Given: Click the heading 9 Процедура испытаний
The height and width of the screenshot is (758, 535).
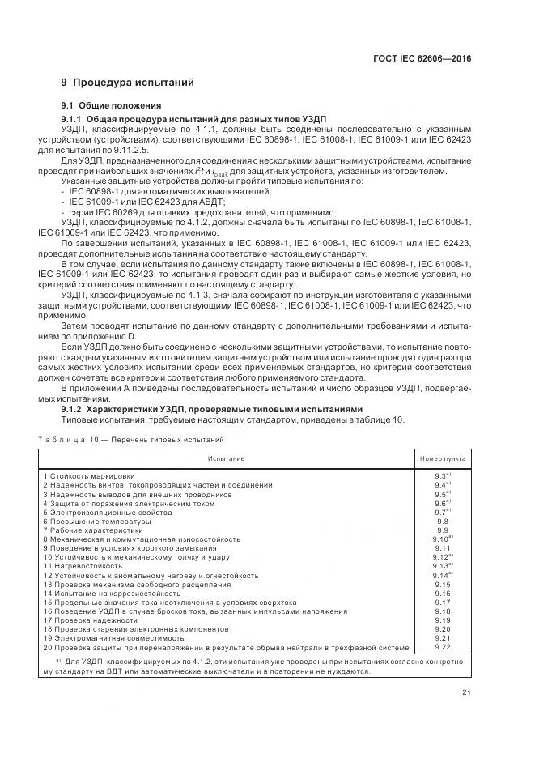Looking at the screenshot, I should (x=127, y=83).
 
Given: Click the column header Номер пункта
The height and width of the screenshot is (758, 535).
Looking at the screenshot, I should (x=442, y=458).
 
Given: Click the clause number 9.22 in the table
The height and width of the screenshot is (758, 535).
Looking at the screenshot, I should (x=442, y=646).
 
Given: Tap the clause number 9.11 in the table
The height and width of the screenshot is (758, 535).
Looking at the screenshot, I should (x=442, y=547).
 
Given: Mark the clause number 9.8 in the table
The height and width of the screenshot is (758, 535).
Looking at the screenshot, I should (x=442, y=521).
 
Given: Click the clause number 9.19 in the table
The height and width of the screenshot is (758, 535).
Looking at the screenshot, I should (x=442, y=620).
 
